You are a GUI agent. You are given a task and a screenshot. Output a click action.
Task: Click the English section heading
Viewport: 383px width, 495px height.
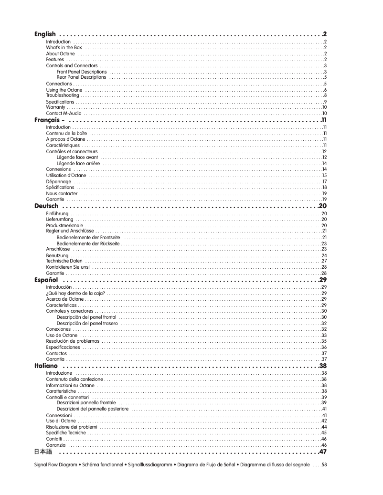45,34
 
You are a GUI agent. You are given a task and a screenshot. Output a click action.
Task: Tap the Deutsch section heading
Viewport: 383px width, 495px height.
47,206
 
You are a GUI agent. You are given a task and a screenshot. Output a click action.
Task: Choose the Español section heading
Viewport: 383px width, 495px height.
46,279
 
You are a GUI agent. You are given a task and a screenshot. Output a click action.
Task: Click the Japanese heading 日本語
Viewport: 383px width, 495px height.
43,452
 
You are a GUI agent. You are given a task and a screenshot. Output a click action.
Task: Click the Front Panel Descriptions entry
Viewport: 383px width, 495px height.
81,71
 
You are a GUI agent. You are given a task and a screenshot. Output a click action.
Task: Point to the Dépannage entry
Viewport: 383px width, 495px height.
59,181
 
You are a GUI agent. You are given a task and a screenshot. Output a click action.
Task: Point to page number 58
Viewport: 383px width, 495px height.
324,464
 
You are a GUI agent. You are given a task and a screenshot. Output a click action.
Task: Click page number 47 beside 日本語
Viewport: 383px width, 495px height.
323,452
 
